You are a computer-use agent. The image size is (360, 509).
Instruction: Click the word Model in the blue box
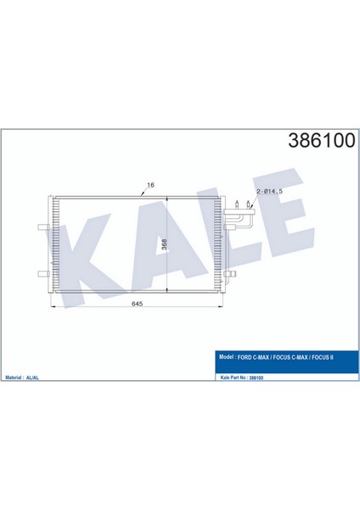point(228,356)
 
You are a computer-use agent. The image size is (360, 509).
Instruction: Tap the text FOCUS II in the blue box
point(323,356)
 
